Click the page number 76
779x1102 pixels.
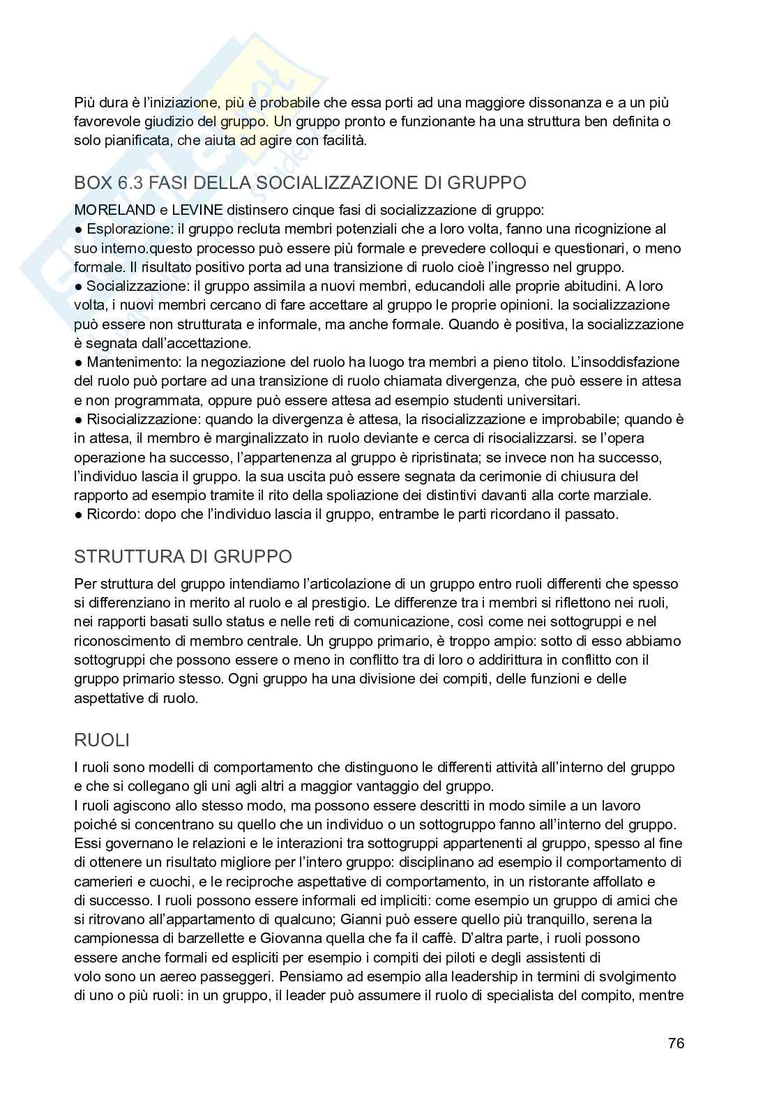tap(676, 1043)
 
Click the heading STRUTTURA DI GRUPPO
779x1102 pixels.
tap(183, 557)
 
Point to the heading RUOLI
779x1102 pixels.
tap(102, 740)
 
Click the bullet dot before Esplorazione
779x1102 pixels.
tap(78, 229)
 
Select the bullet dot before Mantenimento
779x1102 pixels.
tap(78, 363)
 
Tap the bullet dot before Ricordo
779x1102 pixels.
tap(78, 515)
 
